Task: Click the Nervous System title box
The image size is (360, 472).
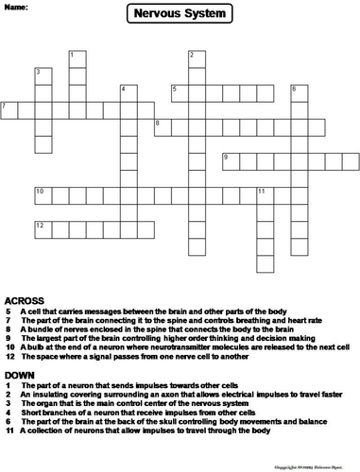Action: (180, 13)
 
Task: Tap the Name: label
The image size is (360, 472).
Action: (15, 7)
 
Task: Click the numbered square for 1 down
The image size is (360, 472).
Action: (75, 59)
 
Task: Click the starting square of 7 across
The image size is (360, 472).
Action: (8, 110)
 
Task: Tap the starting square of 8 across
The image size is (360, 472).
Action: (160, 126)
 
